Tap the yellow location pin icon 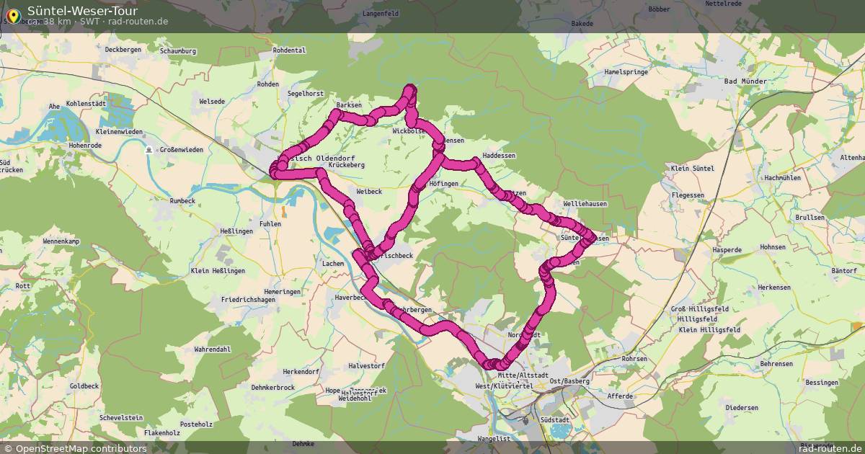(12, 14)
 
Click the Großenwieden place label (181, 150)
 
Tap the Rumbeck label (182, 200)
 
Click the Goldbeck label (84, 386)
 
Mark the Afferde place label (620, 396)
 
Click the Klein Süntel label (692, 168)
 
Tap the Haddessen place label (499, 156)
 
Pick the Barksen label (349, 105)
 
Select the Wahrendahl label (212, 350)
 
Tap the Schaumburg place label (178, 52)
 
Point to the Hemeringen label (281, 291)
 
